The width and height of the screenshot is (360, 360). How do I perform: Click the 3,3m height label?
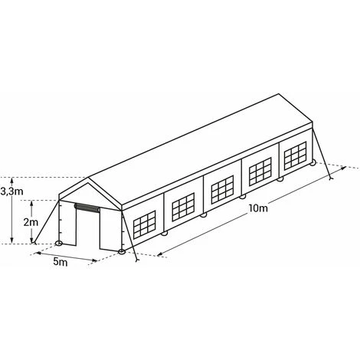[x=11, y=191]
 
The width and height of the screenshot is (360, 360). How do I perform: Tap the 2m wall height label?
[x=31, y=222]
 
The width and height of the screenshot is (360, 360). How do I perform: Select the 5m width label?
[x=61, y=261]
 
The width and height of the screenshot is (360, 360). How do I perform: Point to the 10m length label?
[x=259, y=208]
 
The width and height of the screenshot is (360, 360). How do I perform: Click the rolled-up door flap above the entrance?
[x=87, y=208]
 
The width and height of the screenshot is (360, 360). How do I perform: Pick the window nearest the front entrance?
[x=144, y=224]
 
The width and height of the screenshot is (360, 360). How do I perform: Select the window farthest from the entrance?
[x=295, y=155]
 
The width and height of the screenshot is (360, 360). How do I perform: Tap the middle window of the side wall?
[x=222, y=189]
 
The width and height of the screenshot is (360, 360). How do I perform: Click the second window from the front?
[x=183, y=207]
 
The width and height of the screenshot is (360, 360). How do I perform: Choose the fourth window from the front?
[x=260, y=172]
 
